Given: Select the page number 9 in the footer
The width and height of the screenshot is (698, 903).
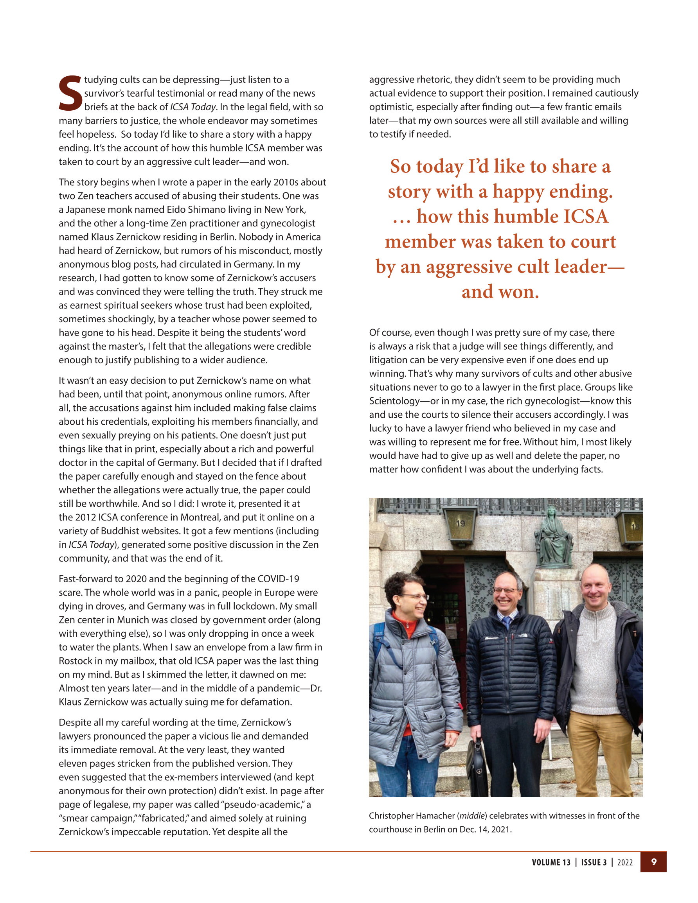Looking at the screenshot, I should (x=654, y=862).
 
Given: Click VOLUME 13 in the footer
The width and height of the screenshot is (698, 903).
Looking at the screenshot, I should (x=551, y=862).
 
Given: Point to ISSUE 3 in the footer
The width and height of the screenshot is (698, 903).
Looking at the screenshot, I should (x=594, y=862).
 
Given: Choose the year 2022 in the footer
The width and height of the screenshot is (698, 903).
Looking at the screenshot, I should (x=625, y=862).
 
